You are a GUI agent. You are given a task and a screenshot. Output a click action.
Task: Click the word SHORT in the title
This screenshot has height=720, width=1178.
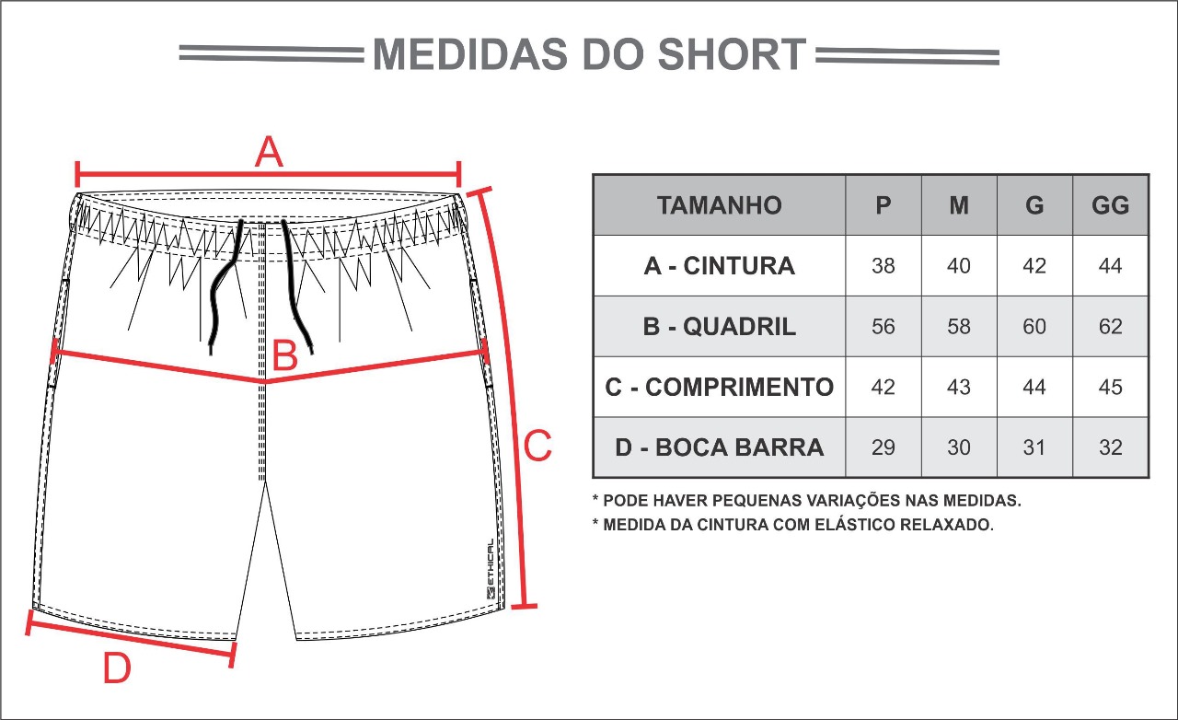click(x=732, y=53)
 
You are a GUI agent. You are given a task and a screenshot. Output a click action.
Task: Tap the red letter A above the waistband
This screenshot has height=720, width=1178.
click(x=269, y=152)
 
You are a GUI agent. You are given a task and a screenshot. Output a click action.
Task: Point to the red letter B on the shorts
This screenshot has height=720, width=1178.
click(x=285, y=355)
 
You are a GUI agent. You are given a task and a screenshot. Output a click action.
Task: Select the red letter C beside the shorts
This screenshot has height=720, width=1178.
click(x=537, y=446)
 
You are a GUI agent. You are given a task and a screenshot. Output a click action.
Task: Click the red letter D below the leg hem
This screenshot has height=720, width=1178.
click(x=117, y=668)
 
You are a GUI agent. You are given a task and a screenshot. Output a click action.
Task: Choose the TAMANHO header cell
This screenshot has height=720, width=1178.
click(x=720, y=205)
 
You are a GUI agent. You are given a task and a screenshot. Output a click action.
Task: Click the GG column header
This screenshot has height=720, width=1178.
click(x=1110, y=205)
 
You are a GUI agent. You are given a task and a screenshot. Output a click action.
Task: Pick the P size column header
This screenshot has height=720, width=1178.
click(x=883, y=205)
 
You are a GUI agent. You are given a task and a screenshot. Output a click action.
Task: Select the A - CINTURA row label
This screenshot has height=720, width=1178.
click(x=720, y=266)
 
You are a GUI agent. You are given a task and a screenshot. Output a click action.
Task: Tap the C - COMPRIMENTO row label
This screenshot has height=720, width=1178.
click(x=720, y=387)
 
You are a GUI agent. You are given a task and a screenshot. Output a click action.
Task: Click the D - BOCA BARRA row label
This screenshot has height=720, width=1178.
click(x=720, y=447)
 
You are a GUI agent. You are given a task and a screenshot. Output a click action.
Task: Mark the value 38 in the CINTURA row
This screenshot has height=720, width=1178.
click(x=883, y=266)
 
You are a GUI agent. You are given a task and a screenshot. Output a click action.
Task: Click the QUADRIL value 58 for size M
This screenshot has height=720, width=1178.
click(x=959, y=326)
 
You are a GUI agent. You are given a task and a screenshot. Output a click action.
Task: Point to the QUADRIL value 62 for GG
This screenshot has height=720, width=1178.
click(x=1110, y=326)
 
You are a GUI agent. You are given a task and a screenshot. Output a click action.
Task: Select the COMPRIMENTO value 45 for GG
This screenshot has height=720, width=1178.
click(x=1110, y=387)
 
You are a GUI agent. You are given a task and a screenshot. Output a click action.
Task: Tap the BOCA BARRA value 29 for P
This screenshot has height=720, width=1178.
click(x=883, y=447)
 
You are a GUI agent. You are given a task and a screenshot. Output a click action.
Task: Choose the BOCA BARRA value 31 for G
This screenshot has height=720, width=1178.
click(x=1034, y=447)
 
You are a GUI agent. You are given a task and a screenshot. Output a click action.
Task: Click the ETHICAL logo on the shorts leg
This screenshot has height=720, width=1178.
click(x=491, y=569)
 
